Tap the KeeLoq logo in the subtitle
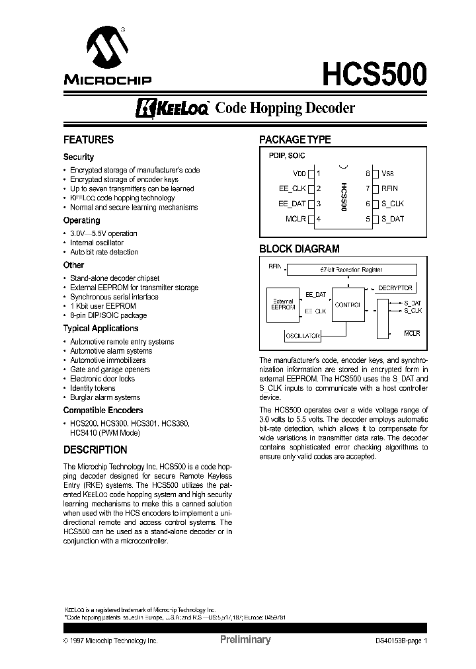click(x=173, y=108)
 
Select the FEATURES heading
click(x=88, y=139)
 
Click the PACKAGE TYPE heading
click(x=294, y=139)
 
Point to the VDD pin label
click(x=299, y=174)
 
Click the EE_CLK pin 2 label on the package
click(x=293, y=188)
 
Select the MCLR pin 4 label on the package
click(x=296, y=219)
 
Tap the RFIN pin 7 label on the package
click(x=389, y=188)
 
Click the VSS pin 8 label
click(x=387, y=174)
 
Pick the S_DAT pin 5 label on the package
click(x=392, y=219)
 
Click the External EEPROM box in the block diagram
click(x=282, y=305)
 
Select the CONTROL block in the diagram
click(x=347, y=305)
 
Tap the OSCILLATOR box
click(x=303, y=336)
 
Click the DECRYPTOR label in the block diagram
click(x=395, y=288)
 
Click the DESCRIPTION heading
click(x=95, y=450)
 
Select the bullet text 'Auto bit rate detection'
click(x=104, y=252)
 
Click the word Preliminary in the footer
click(x=245, y=640)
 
